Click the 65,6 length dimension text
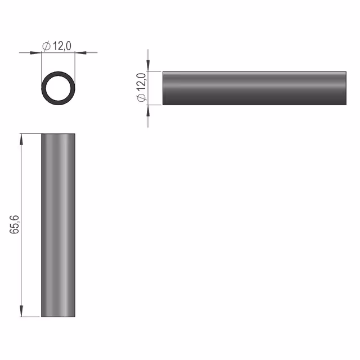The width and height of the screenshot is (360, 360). (14, 225)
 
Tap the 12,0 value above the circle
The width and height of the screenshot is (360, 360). (62, 46)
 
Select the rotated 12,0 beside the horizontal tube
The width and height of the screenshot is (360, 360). (141, 82)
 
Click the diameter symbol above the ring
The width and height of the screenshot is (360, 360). (46, 46)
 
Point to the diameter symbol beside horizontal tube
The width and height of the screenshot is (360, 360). (141, 97)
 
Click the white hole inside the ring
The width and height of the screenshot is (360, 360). (58, 88)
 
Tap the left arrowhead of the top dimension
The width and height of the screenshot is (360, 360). (35, 53)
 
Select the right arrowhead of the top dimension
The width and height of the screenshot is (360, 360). (81, 53)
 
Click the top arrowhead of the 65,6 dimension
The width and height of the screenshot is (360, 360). (21, 139)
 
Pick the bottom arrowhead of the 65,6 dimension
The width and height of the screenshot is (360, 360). (21, 311)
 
